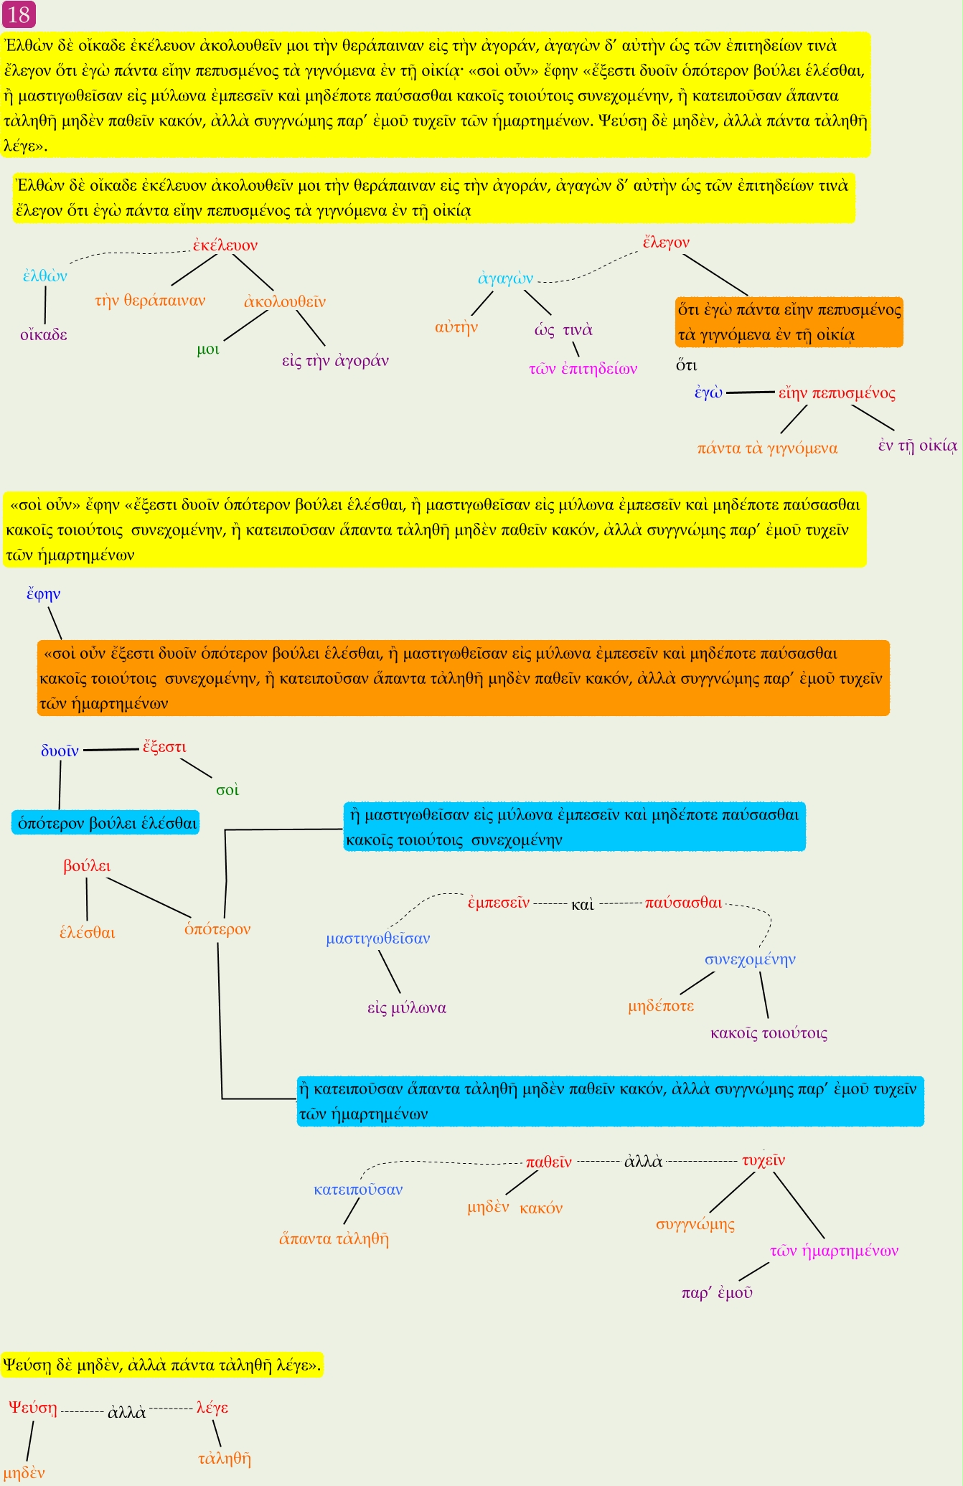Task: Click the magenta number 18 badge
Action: pyautogui.click(x=19, y=14)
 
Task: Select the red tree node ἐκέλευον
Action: pyautogui.click(x=225, y=245)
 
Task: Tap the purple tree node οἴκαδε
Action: pyautogui.click(x=44, y=335)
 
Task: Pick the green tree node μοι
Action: pyautogui.click(x=208, y=350)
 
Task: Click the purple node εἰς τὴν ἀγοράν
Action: pyautogui.click(x=335, y=361)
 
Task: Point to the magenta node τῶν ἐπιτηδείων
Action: pyautogui.click(x=583, y=370)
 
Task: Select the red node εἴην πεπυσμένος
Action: pyautogui.click(x=837, y=393)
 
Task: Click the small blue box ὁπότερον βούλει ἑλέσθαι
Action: pyautogui.click(x=106, y=823)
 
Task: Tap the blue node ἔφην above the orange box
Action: pyautogui.click(x=43, y=594)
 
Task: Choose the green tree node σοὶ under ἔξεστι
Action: pyautogui.click(x=227, y=790)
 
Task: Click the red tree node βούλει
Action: pyautogui.click(x=87, y=866)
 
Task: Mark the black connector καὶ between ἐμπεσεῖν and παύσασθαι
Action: pyautogui.click(x=583, y=904)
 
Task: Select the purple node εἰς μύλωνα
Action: pyautogui.click(x=407, y=1008)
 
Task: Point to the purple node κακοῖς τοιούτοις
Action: pyautogui.click(x=769, y=1033)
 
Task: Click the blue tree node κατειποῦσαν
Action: pyautogui.click(x=358, y=1190)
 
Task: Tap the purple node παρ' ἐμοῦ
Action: pyautogui.click(x=717, y=1293)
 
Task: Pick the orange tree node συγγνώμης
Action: pyautogui.click(x=695, y=1224)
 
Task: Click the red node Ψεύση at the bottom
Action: pyautogui.click(x=33, y=1408)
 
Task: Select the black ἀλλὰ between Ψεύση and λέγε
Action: pyautogui.click(x=126, y=1412)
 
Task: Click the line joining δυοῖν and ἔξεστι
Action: pyautogui.click(x=111, y=750)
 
